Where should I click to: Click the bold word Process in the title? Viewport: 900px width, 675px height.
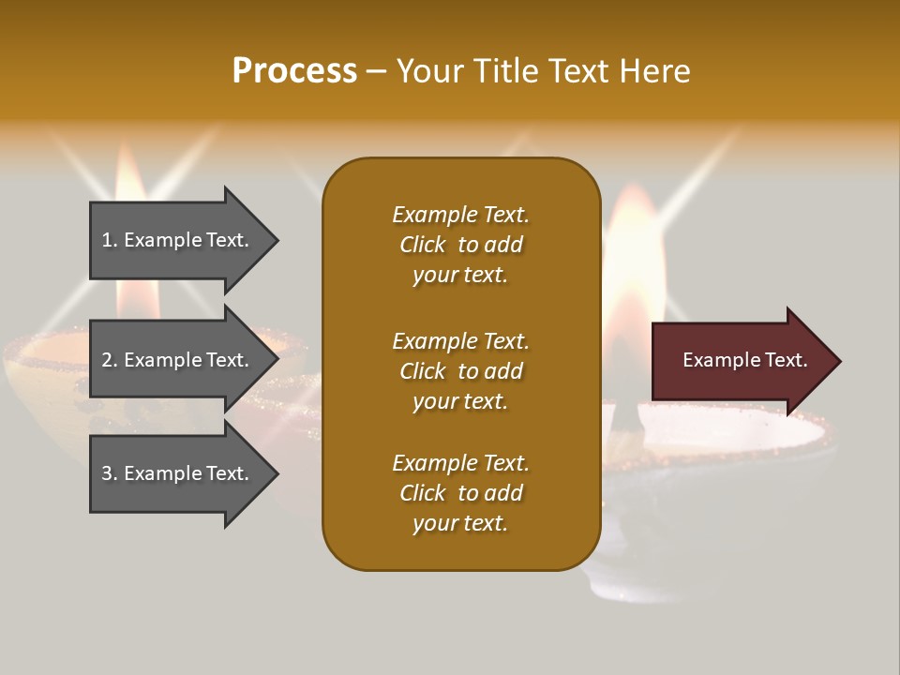(x=294, y=71)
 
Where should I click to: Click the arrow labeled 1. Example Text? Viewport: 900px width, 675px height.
(x=178, y=240)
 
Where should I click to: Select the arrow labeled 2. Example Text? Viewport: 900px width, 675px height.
(x=178, y=360)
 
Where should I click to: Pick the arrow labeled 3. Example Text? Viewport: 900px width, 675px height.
(x=178, y=473)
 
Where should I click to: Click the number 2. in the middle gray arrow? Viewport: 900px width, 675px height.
(x=110, y=360)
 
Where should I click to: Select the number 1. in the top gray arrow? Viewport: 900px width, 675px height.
(x=110, y=240)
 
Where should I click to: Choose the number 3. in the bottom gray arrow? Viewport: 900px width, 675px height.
(x=110, y=473)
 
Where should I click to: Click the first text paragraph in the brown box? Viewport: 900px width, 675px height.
(x=460, y=245)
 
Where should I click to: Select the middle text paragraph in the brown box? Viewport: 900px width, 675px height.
(x=460, y=371)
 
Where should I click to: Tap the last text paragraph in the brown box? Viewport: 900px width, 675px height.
(x=460, y=493)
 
